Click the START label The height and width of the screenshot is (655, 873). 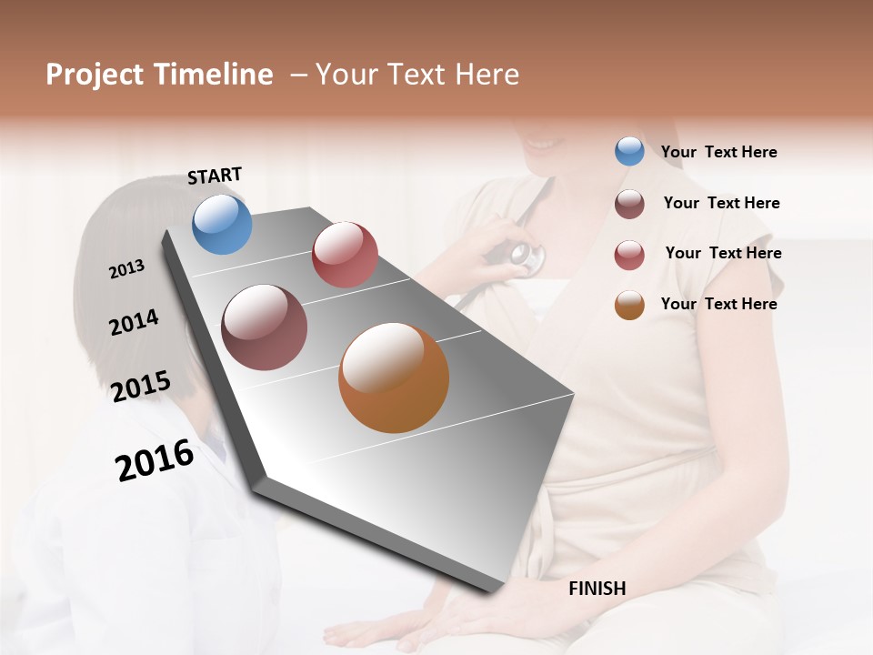pyautogui.click(x=215, y=175)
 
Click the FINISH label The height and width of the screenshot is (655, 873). pyautogui.click(x=597, y=589)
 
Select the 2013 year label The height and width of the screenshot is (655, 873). pyautogui.click(x=126, y=269)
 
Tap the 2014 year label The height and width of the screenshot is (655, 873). pyautogui.click(x=134, y=322)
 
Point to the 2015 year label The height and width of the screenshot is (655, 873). pyautogui.click(x=141, y=387)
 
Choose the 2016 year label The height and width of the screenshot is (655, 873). pyautogui.click(x=155, y=459)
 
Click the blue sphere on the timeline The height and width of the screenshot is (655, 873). pyautogui.click(x=223, y=224)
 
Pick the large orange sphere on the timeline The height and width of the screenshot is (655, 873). pyautogui.click(x=394, y=378)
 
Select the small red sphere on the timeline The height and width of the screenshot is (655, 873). pyautogui.click(x=345, y=255)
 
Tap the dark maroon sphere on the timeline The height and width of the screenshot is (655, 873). pyautogui.click(x=264, y=327)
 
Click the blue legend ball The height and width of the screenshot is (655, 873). pyautogui.click(x=629, y=152)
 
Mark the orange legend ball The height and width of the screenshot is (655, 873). pyautogui.click(x=629, y=305)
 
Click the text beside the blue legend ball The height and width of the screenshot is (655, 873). pyautogui.click(x=718, y=153)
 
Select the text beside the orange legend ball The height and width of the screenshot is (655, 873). pyautogui.click(x=718, y=304)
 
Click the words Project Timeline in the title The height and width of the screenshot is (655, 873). pyautogui.click(x=159, y=75)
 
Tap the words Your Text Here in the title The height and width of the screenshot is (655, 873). pyautogui.click(x=417, y=75)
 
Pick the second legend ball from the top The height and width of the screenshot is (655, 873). pyautogui.click(x=629, y=204)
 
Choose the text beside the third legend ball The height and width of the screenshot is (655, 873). pyautogui.click(x=723, y=253)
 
